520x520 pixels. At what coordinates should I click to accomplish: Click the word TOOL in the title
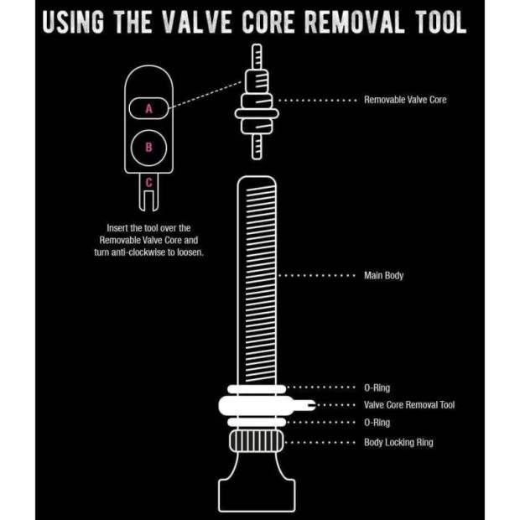[x=437, y=23]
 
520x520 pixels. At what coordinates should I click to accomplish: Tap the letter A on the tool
[x=149, y=109]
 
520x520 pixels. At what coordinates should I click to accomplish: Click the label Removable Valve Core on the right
[x=405, y=100]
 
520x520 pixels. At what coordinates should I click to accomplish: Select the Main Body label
[x=383, y=275]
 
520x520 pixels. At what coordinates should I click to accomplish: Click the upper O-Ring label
[x=377, y=387]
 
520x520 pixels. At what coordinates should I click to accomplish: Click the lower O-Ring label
[x=377, y=423]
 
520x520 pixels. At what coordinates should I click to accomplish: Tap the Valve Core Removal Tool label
[x=409, y=405]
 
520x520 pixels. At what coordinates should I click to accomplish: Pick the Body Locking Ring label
[x=398, y=442]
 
